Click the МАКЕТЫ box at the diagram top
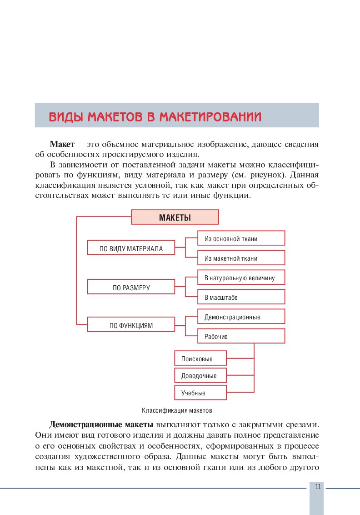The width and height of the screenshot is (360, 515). (175, 217)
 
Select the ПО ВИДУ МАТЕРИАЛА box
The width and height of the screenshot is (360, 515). (131, 248)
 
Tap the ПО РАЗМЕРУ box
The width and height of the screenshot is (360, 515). (131, 287)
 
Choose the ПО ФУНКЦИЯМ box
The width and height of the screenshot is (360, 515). (131, 325)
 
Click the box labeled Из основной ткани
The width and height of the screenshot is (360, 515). (241, 238)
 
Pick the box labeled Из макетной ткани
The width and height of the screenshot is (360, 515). (241, 258)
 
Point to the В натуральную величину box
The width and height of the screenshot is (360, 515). (241, 278)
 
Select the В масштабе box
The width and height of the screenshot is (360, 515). (241, 297)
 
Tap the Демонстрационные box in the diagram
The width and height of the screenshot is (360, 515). (241, 317)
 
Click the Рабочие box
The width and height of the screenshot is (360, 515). (241, 336)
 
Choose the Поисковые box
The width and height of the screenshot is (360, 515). (200, 358)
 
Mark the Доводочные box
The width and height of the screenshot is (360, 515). (200, 375)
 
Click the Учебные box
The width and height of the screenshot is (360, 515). (200, 392)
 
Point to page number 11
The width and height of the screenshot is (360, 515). (317, 487)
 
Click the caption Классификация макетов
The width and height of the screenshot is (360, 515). (177, 410)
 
